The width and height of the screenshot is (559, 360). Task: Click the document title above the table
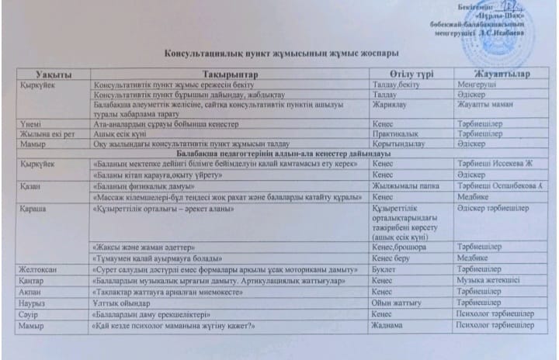point(282,52)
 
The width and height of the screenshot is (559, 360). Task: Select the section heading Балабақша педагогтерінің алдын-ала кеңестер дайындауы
point(281,154)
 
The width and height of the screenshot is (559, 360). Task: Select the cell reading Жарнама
point(389,324)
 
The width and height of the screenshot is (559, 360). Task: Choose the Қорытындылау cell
point(401,144)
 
